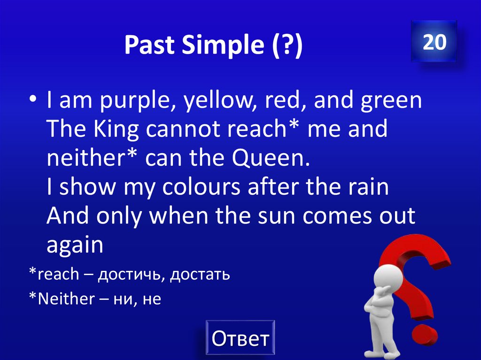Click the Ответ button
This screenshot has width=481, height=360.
click(240, 337)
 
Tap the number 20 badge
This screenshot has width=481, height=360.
click(434, 42)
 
